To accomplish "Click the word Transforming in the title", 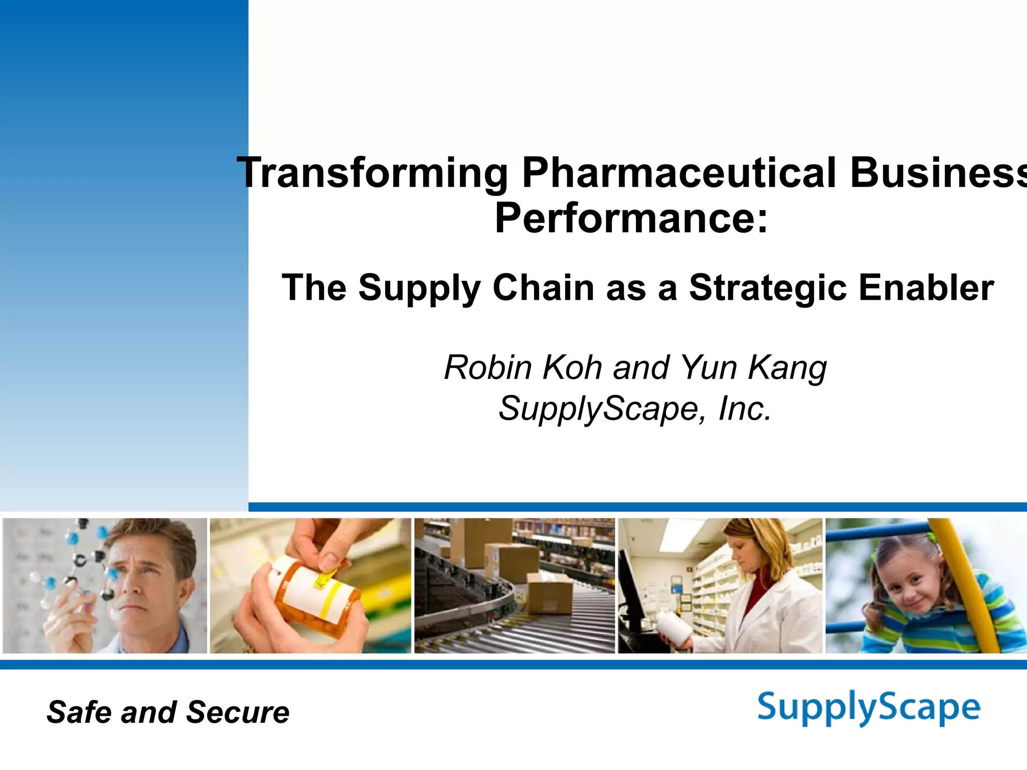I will point(373,173).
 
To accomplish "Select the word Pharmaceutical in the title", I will point(679,173).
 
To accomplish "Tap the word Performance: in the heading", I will point(631,218).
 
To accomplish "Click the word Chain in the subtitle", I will point(544,288).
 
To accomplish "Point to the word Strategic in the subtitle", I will point(767,288).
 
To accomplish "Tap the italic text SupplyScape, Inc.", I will point(635,409).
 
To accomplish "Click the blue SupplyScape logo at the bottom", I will point(869,708).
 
